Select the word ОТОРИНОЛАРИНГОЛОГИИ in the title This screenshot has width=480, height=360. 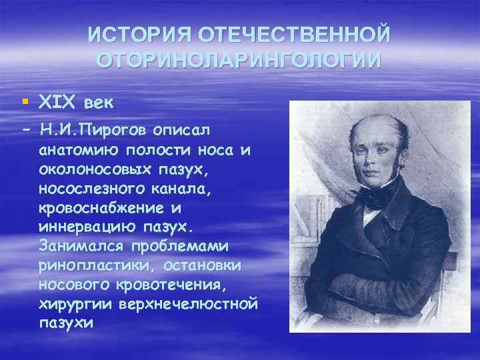tap(239, 59)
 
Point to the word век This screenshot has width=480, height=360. tap(99, 103)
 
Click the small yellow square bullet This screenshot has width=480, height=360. tap(24, 103)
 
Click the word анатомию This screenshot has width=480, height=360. tap(79, 150)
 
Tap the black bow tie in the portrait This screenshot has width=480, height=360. tap(377, 197)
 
